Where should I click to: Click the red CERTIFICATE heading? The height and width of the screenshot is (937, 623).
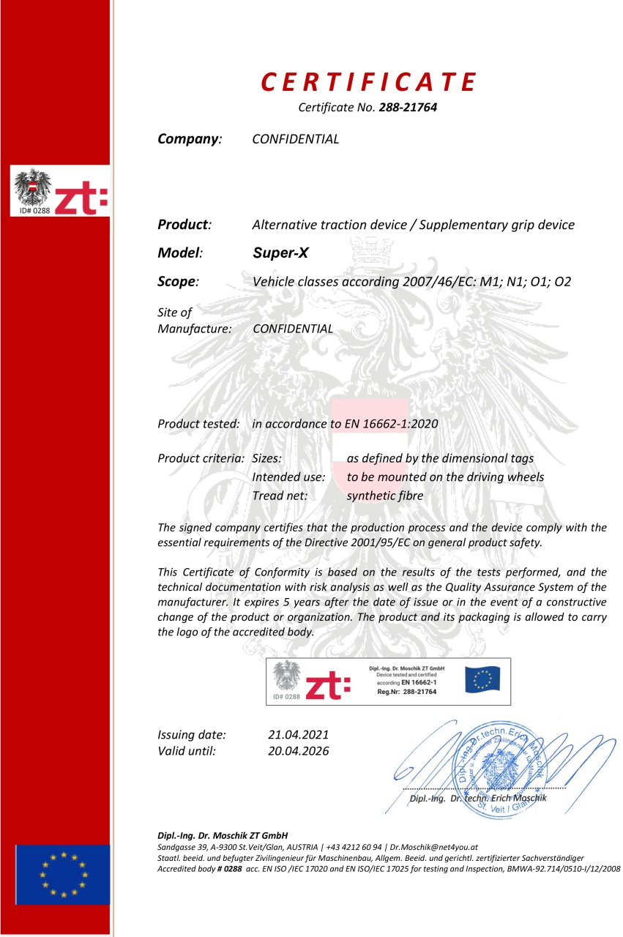[x=370, y=82]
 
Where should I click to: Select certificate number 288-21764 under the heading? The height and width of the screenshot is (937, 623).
[x=408, y=108]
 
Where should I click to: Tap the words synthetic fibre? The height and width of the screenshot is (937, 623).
[x=385, y=496]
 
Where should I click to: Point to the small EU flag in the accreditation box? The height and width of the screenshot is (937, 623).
[x=483, y=680]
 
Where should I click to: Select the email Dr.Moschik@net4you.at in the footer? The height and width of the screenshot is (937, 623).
[x=433, y=845]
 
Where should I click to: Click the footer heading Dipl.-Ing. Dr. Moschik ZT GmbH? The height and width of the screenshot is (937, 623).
[x=223, y=835]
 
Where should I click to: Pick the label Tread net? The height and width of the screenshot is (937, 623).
[x=280, y=496]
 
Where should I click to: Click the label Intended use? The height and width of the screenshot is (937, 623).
[x=288, y=477]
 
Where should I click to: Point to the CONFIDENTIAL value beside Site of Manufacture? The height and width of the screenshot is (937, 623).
[x=292, y=329]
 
